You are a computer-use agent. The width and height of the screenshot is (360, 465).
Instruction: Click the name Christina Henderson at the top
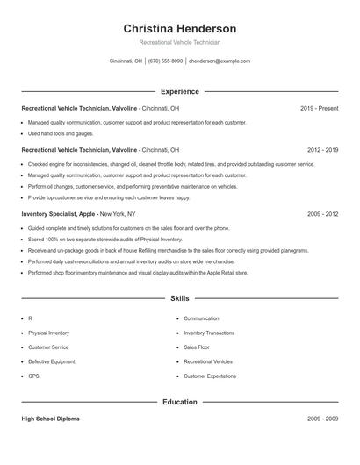point(180,29)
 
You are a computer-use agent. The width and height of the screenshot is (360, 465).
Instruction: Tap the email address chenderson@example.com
point(220,61)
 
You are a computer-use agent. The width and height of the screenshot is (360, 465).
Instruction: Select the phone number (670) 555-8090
point(165,61)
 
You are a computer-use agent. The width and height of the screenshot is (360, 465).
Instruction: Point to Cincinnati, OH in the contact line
point(126,61)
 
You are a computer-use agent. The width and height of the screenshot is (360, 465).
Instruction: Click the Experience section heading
point(180,91)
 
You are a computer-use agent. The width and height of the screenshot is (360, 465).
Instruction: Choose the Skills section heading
point(180,298)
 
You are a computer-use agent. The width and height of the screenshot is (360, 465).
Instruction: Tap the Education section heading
point(180,402)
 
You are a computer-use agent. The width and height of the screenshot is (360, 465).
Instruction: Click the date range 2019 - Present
point(319,108)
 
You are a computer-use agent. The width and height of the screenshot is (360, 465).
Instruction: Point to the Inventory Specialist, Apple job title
point(59,213)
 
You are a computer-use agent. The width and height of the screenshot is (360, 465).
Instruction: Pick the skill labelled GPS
point(33,376)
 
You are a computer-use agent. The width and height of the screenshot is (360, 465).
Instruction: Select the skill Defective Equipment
point(50,361)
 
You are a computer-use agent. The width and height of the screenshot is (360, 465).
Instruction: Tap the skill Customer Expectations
point(210,376)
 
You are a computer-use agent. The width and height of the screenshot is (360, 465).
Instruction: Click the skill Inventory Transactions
point(209,333)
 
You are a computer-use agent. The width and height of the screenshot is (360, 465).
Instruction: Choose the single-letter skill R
point(30,318)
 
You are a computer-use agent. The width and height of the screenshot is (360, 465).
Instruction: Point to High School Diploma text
point(50,418)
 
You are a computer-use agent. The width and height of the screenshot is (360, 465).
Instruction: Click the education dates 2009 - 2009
point(322,418)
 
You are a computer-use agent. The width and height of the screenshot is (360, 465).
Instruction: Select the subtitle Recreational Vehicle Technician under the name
point(180,42)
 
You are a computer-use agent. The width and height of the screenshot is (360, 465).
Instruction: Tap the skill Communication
point(201,318)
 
